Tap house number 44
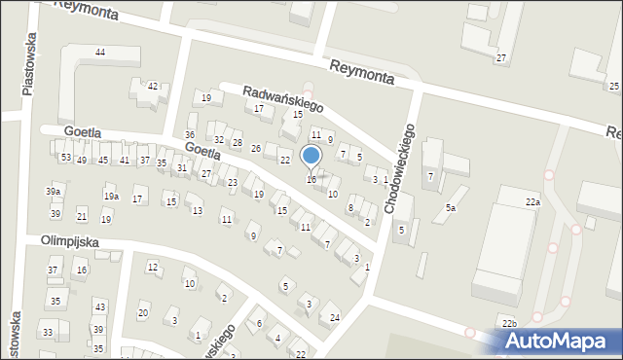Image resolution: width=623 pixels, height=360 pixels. point(100,52)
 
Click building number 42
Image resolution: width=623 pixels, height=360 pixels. point(152,87)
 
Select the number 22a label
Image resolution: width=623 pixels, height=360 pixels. point(532,201)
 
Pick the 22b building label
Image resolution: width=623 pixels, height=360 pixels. point(509,322)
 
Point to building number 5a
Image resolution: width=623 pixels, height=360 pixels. point(451,208)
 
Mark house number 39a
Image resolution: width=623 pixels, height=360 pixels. point(53,192)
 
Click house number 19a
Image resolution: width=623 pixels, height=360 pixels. point(112,197)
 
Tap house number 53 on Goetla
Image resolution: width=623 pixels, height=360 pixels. point(65,158)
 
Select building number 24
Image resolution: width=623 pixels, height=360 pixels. point(335,318)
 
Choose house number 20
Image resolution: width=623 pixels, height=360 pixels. point(143,312)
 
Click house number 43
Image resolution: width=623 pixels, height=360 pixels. point(99,307)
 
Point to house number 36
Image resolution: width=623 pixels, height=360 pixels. point(190,135)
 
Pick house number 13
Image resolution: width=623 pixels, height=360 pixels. point(198,210)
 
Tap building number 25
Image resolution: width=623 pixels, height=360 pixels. point(614,87)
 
